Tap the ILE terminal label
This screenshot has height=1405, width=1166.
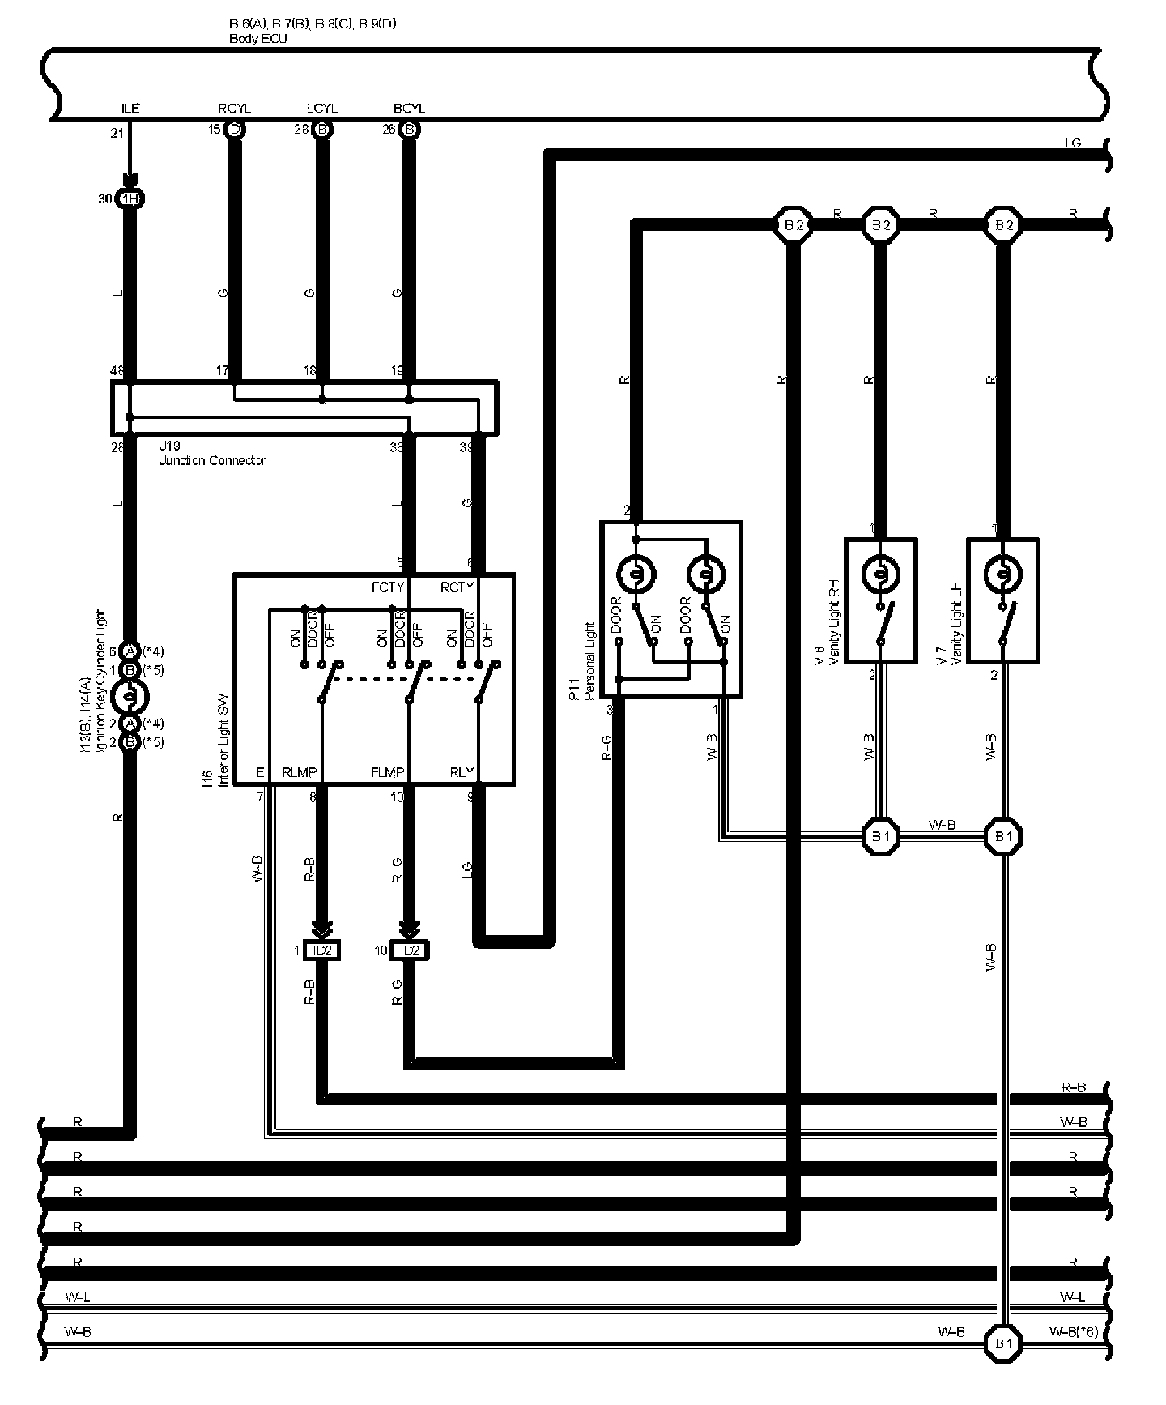130,109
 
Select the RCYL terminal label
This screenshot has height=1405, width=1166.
234,109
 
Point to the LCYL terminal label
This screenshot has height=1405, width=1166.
321,109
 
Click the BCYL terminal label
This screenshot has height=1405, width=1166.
409,109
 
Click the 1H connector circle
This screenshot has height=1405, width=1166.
130,199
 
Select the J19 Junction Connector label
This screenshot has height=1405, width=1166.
213,454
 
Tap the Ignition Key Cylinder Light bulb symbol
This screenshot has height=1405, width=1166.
130,696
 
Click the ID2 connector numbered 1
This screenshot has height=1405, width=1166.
321,950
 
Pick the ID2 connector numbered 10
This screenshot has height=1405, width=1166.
410,950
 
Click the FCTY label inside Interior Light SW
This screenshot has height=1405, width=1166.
387,587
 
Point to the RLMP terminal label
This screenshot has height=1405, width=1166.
299,772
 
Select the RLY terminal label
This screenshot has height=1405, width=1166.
462,772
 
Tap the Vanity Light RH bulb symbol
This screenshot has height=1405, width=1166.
880,575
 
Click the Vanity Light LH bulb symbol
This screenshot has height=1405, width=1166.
1003,575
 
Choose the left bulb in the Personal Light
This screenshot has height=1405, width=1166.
636,574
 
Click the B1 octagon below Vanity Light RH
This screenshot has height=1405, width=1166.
880,836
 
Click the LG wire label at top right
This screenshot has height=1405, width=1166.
1072,143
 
